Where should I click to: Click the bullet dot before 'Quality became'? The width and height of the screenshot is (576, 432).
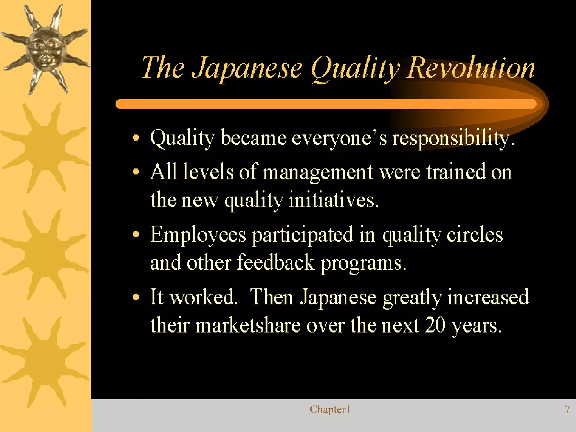(x=136, y=138)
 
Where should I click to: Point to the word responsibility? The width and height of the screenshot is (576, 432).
(x=453, y=139)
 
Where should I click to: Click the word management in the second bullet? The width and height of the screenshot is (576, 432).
(x=318, y=172)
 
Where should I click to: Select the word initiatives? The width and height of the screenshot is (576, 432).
(x=334, y=200)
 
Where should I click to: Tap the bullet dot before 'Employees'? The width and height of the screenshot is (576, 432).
(x=136, y=234)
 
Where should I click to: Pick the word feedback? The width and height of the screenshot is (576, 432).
(x=276, y=263)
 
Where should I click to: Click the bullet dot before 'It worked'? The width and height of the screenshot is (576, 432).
(x=136, y=297)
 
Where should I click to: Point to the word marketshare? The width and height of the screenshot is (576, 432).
(x=248, y=326)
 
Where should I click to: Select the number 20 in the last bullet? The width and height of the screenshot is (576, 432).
(x=435, y=326)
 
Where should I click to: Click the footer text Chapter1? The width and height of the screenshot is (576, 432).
(x=330, y=409)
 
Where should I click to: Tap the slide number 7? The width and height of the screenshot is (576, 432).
(x=567, y=409)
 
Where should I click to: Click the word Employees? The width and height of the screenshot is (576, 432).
(x=198, y=235)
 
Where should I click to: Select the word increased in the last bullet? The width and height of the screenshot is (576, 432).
(x=488, y=297)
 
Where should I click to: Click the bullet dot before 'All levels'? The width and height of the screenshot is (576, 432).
(x=136, y=172)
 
